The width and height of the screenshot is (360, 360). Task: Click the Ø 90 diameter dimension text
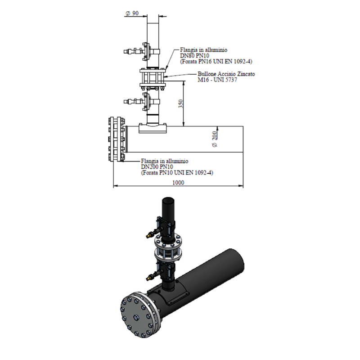(x=132, y=13)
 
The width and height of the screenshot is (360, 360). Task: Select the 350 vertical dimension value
(x=181, y=104)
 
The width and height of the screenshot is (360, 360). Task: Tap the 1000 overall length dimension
(x=178, y=183)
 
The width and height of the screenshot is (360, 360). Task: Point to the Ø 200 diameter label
(x=215, y=139)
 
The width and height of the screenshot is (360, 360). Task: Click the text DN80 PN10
(x=194, y=56)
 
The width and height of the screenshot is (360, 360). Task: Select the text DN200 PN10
(x=157, y=167)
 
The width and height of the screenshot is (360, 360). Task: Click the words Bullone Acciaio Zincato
(x=226, y=74)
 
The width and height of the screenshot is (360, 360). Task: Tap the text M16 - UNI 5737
(x=217, y=80)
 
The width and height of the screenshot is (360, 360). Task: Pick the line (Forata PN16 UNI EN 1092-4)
(x=216, y=62)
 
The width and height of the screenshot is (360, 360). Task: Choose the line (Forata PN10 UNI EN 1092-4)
(x=177, y=173)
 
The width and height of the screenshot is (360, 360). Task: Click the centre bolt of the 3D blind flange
(x=136, y=317)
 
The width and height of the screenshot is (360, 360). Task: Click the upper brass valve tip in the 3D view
(x=148, y=235)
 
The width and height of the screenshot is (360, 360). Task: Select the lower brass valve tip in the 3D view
(x=148, y=279)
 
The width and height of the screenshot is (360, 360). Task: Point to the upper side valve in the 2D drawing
(x=142, y=52)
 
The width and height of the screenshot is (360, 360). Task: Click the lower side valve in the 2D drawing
(x=142, y=101)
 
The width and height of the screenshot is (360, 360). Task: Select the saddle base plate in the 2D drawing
(x=153, y=128)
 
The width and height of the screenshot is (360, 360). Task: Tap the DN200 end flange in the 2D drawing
(x=117, y=139)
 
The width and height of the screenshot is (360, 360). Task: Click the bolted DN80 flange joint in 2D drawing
(x=153, y=78)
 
